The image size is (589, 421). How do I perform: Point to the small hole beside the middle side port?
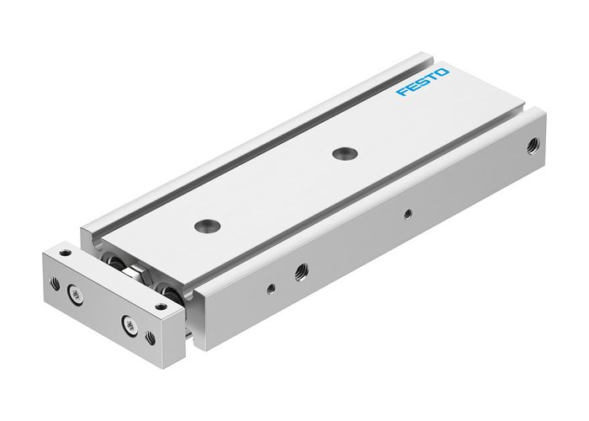coord(269,288)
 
